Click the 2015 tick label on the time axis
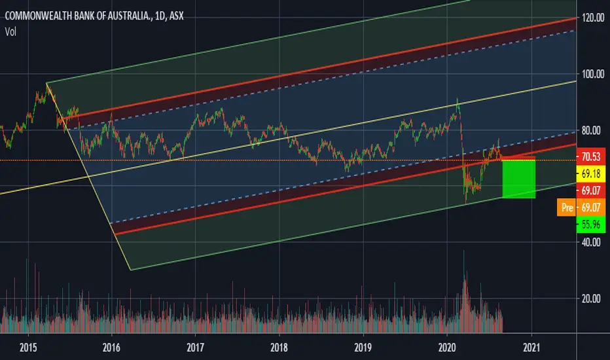point(28,347)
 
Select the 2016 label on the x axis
point(111,347)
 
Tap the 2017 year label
point(195,347)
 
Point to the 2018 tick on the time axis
point(279,347)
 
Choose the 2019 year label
point(363,347)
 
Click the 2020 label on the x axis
point(447,347)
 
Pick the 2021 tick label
point(531,347)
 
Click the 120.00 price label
point(593,18)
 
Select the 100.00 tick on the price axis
point(593,74)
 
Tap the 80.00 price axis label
point(591,130)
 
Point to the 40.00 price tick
point(591,242)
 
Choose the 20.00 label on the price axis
point(591,298)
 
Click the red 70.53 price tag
point(590,156)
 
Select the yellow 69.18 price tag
point(590,173)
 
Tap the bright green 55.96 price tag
point(590,225)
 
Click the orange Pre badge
point(566,207)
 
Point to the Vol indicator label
point(10,32)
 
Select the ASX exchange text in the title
point(177,16)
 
